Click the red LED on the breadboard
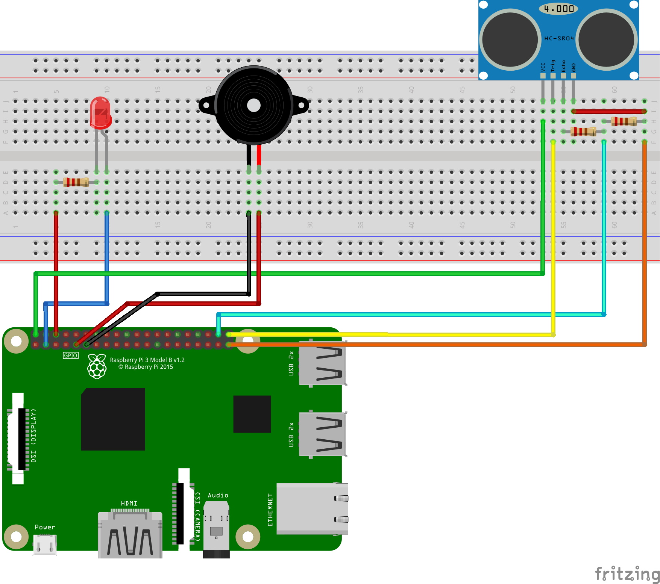pyautogui.click(x=100, y=113)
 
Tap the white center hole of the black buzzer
pyautogui.click(x=254, y=106)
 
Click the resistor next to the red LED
pyautogui.click(x=76, y=182)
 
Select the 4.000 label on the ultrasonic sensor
pyautogui.click(x=558, y=9)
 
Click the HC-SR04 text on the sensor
pyautogui.click(x=559, y=38)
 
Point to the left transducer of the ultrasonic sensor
pyautogui.click(x=510, y=39)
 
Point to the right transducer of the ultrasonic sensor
pyautogui.click(x=606, y=39)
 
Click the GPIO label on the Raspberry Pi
pyautogui.click(x=71, y=356)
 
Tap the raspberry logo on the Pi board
pyautogui.click(x=97, y=366)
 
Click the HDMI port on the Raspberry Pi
pyautogui.click(x=130, y=536)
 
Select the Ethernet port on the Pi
pyautogui.click(x=312, y=509)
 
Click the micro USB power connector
pyautogui.click(x=45, y=545)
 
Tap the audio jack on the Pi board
pyautogui.click(x=216, y=530)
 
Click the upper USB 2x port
pyautogui.click(x=322, y=363)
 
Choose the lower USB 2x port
pyautogui.click(x=322, y=434)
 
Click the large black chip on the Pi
pyautogui.click(x=113, y=419)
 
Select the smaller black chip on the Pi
pyautogui.click(x=252, y=414)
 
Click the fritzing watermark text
pyautogui.click(x=627, y=574)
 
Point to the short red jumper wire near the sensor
pyautogui.click(x=609, y=111)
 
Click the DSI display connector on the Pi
pyautogui.click(x=19, y=439)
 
